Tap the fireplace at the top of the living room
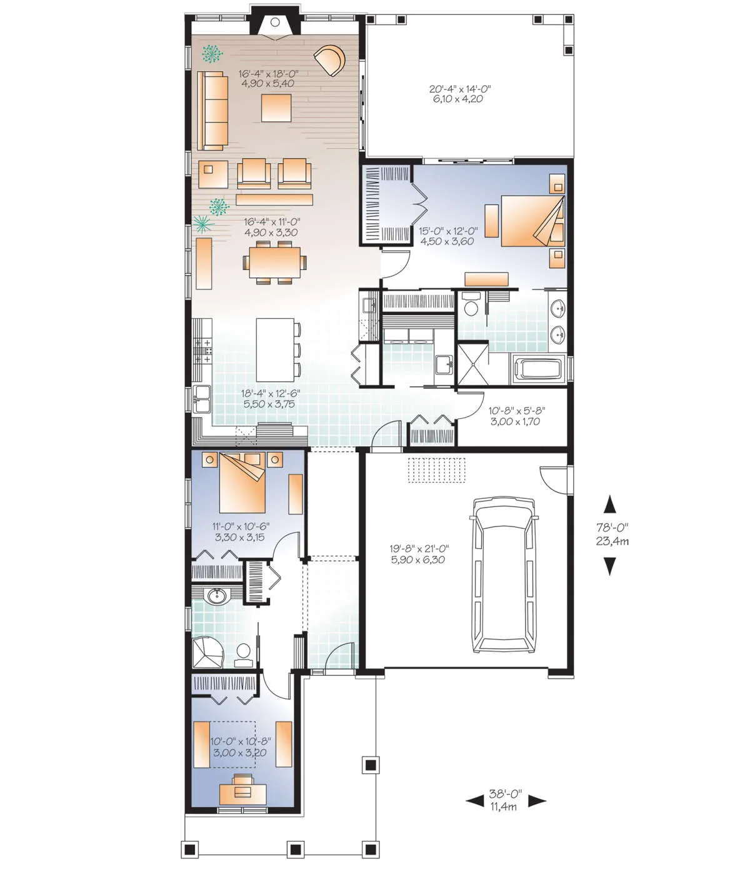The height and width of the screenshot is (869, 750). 276,25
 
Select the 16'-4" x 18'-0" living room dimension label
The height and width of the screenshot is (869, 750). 268,79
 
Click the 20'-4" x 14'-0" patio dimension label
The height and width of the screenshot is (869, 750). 460,94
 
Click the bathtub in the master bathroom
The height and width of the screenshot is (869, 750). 538,370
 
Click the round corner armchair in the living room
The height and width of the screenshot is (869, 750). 330,60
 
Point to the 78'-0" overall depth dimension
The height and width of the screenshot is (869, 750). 612,535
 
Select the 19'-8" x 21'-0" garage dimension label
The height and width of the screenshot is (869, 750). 419,555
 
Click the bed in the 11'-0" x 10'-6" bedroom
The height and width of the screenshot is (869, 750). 242,482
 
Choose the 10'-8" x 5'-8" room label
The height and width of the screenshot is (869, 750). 517,416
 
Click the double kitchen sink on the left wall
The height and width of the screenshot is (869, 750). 202,399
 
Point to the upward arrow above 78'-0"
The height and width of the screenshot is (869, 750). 609,504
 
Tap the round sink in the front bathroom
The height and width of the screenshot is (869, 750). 217,596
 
